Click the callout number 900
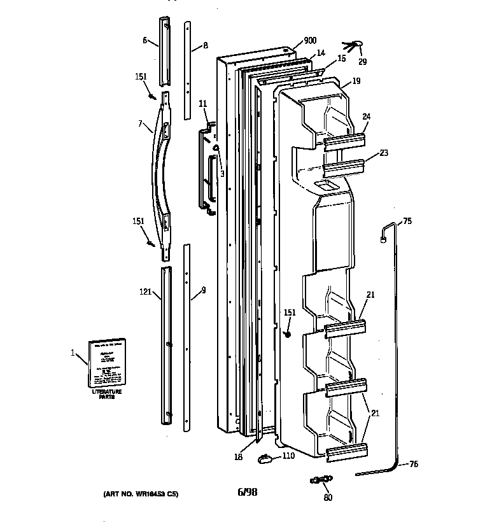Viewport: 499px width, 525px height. (310, 41)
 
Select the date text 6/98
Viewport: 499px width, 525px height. (247, 491)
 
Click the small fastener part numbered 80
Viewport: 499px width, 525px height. (321, 479)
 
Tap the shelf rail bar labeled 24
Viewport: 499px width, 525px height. (345, 140)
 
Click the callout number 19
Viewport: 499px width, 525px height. (356, 81)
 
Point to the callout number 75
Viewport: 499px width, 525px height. (407, 221)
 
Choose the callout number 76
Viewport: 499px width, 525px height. (413, 465)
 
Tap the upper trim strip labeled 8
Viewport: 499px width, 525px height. (187, 70)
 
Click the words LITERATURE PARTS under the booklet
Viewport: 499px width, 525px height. (106, 395)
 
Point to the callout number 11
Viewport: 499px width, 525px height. (203, 103)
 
